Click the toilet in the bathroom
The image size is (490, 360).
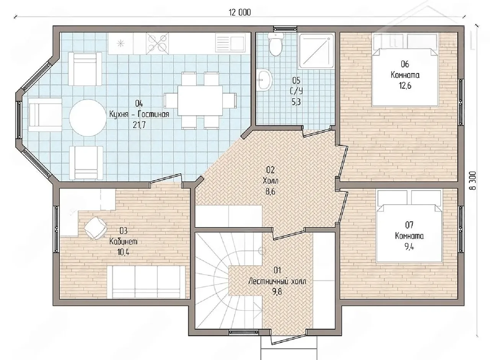click(276, 44)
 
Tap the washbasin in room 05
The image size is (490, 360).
click(264, 80)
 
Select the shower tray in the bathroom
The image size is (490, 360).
click(317, 50)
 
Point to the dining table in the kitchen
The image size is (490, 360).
click(200, 100)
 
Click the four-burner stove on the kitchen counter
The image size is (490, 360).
click(157, 43)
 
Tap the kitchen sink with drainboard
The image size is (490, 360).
click(230, 43)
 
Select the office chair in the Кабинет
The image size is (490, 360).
click(95, 228)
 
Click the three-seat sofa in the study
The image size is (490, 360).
click(146, 282)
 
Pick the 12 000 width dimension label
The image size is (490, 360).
click(240, 13)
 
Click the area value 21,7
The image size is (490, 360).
click(139, 125)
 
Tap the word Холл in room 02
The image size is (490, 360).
click(270, 181)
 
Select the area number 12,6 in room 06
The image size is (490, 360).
click(405, 86)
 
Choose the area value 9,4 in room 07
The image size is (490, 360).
click(409, 247)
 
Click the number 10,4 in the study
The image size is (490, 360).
click(123, 252)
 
